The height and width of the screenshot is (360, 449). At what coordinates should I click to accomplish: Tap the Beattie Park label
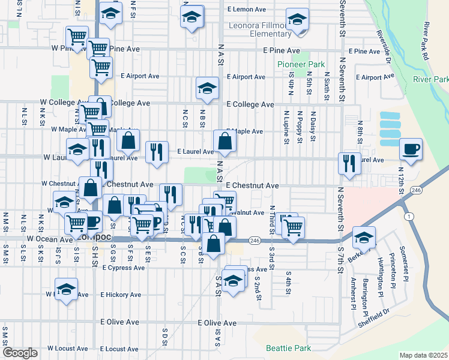click(289, 348)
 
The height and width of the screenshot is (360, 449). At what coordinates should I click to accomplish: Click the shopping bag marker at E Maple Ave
click(224, 142)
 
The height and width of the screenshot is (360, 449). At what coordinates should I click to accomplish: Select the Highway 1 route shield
click(409, 215)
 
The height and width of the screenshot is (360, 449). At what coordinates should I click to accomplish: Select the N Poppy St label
click(299, 127)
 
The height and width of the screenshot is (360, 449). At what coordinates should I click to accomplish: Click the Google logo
click(20, 352)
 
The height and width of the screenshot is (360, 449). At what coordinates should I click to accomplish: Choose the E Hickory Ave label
click(120, 295)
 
